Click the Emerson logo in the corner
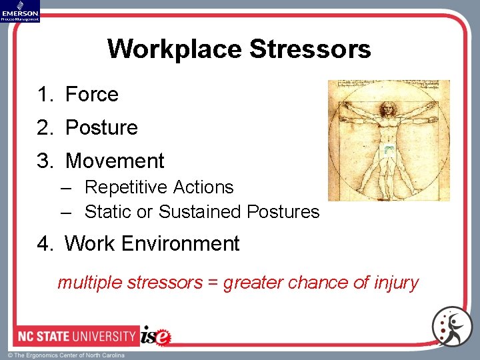click(x=20, y=11)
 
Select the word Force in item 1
click(x=91, y=95)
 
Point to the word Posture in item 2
click(x=101, y=127)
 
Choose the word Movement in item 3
click(x=115, y=161)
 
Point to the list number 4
click(x=44, y=244)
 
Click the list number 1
click(x=44, y=95)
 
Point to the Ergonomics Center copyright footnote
click(x=67, y=355)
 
